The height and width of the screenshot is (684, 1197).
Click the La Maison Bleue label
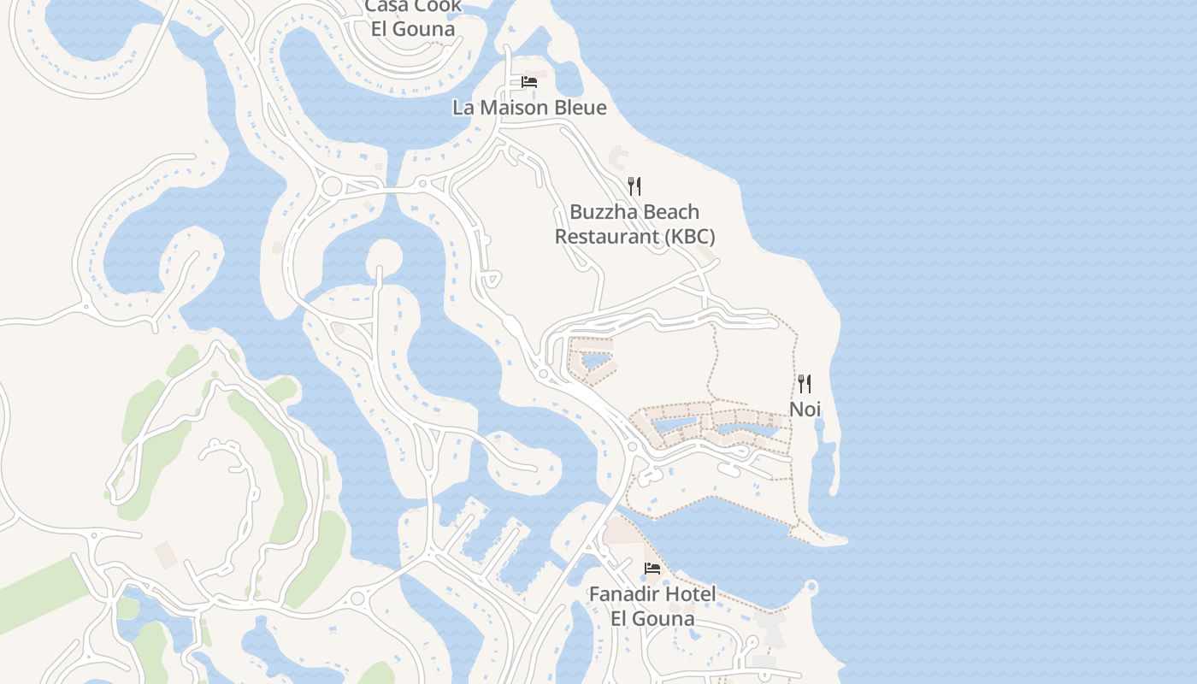529,108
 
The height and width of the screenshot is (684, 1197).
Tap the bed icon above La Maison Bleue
529,82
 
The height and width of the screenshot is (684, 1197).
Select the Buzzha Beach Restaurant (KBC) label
634,224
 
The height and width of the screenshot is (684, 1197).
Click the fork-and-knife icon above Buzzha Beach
634,186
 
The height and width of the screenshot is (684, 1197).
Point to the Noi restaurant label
805,410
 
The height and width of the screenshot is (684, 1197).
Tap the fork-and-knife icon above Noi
805,383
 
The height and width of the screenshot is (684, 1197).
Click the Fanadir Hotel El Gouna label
652,605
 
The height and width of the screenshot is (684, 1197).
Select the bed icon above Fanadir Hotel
652,568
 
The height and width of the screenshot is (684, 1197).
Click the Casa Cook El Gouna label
413,17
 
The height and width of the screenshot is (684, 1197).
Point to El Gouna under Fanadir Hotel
652,618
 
